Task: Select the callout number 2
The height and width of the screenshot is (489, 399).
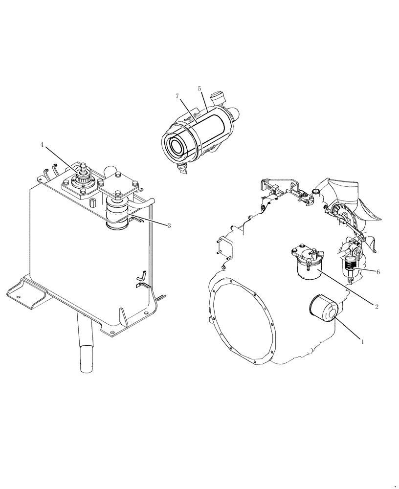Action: click(x=377, y=307)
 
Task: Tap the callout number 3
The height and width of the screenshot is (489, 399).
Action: click(x=169, y=225)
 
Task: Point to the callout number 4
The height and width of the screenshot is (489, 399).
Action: click(x=42, y=145)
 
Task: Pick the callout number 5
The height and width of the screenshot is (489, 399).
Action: click(x=199, y=89)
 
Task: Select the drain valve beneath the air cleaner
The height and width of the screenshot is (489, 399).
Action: click(x=184, y=169)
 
